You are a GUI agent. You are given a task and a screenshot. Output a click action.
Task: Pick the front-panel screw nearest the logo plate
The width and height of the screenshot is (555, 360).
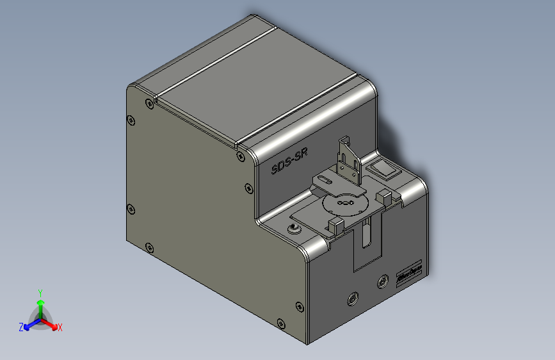click(x=383, y=281)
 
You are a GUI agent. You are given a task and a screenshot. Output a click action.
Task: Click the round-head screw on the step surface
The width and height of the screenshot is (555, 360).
click(x=294, y=229)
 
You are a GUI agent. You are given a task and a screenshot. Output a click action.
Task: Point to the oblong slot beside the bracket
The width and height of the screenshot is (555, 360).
click(x=327, y=182)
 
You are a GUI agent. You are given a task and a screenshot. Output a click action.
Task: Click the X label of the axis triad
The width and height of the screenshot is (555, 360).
click(x=60, y=328)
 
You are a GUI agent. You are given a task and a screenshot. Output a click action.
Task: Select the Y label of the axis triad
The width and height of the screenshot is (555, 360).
click(x=40, y=292)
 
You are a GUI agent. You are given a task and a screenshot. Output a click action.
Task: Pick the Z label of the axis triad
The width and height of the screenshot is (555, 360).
click(x=21, y=327)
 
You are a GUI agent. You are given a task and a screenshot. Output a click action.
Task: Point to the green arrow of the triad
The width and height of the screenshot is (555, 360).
click(x=40, y=304)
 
